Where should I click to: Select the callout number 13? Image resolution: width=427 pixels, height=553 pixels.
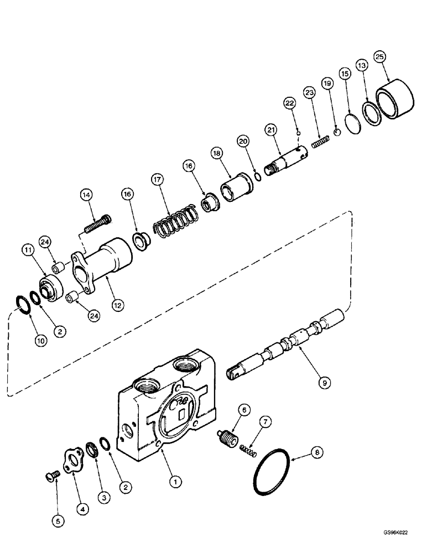point(362,66)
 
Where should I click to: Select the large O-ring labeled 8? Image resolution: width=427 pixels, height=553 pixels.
point(271,474)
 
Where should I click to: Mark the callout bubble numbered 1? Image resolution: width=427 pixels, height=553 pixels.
point(175,482)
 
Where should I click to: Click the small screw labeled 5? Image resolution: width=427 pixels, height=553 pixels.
point(50,474)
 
